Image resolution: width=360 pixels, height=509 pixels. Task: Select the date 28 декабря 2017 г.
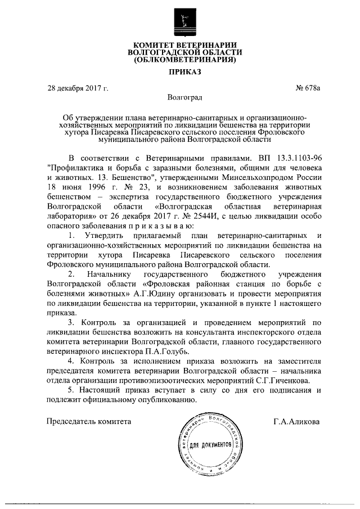click(x=78, y=88)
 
